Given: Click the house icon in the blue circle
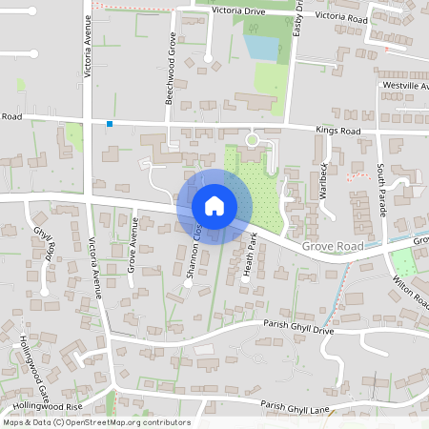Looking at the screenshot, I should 214,205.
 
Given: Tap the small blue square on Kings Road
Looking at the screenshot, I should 110,124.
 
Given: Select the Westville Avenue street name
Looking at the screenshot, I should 404,86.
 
